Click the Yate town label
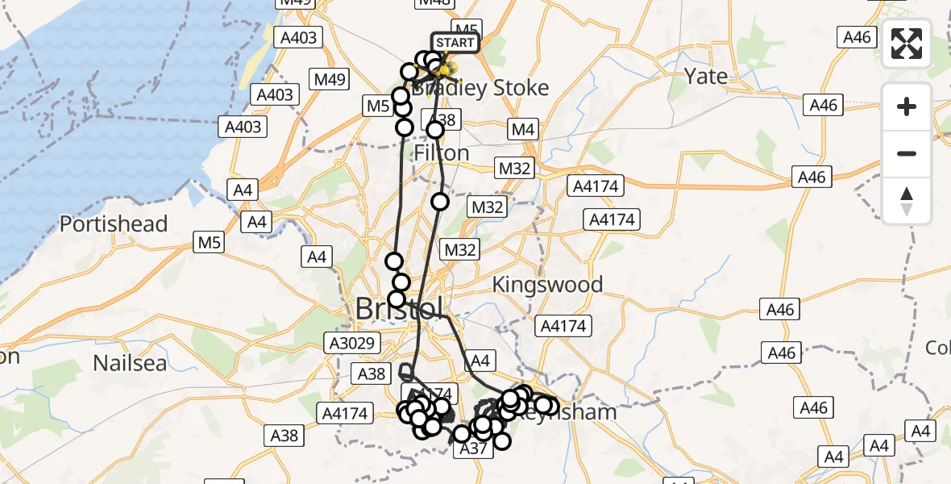pos(705,77)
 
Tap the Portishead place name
pos(114,223)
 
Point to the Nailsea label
pos(130,362)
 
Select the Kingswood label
pos(547,285)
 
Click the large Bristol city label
pos(398,309)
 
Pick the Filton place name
pos(441,152)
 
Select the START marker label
pos(455,42)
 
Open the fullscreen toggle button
pos(907,44)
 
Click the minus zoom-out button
pos(907,153)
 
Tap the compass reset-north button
pos(907,201)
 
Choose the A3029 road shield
pos(352,344)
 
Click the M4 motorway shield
pos(522,129)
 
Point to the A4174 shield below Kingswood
pos(565,326)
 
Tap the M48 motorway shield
pos(434,2)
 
